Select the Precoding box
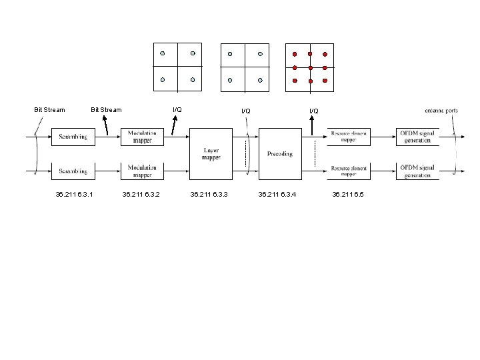279,154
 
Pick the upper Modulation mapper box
142,137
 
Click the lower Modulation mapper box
142,171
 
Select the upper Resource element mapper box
350,137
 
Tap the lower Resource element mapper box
350,171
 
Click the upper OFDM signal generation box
417,137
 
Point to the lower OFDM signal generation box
417,171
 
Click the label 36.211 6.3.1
75,195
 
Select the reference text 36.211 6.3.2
140,195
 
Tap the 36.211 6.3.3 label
209,195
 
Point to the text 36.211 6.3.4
277,195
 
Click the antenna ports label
441,110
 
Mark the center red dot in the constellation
310,67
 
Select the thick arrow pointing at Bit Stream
106,125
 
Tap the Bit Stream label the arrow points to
106,110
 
